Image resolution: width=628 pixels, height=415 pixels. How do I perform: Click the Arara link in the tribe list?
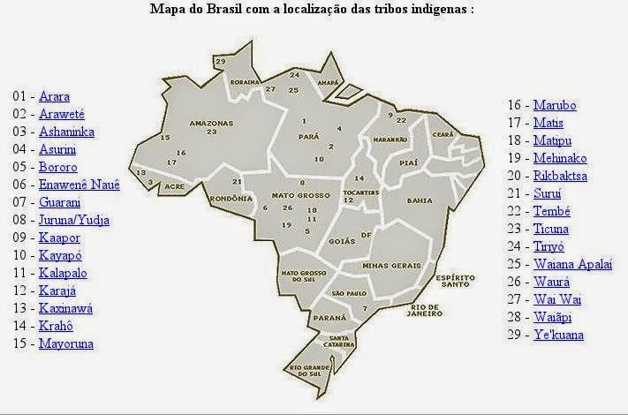[54, 96]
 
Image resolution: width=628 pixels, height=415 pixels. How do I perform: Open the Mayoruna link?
[65, 343]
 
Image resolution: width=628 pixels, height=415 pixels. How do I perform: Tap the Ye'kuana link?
[558, 335]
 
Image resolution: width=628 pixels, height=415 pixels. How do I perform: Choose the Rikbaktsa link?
[561, 176]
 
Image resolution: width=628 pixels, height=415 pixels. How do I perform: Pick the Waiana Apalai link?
[571, 264]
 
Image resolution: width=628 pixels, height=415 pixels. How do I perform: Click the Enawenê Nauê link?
[79, 185]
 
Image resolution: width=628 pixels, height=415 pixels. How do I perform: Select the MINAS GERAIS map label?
[388, 265]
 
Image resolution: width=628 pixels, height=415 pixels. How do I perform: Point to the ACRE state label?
[174, 187]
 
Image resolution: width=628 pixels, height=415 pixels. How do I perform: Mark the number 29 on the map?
[221, 61]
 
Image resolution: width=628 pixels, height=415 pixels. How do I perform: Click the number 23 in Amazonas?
[211, 132]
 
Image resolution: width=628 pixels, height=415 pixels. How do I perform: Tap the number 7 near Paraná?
[364, 308]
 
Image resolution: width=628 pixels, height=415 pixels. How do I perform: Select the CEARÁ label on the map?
[443, 134]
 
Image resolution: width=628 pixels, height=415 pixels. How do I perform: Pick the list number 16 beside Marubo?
[515, 105]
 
